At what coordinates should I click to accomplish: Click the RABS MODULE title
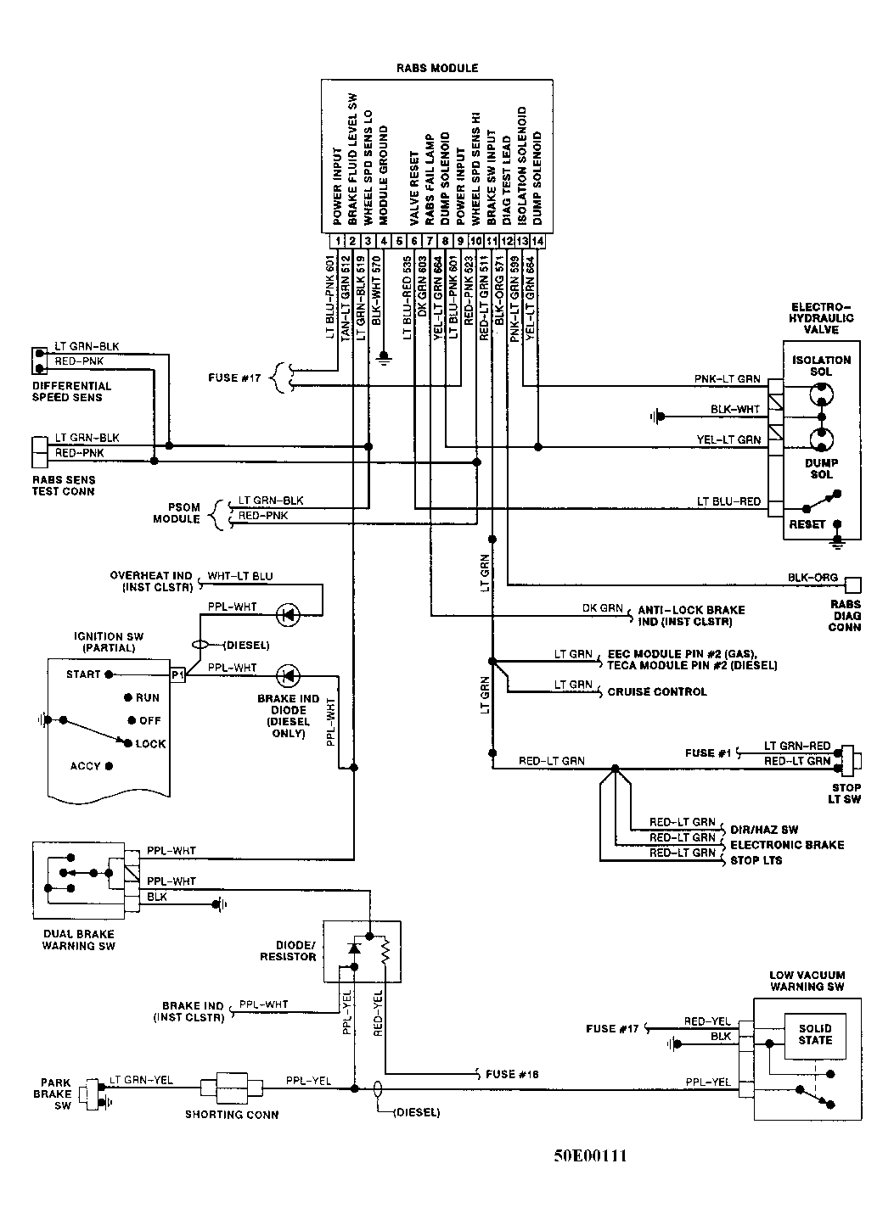pos(437,68)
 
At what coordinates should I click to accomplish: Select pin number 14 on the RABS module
pos(537,242)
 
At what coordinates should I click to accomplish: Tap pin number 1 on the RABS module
pos(338,242)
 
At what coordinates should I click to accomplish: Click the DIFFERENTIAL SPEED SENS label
pos(72,391)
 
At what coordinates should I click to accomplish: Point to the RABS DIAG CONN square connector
pos(853,584)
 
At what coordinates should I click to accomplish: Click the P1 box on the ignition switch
pos(177,674)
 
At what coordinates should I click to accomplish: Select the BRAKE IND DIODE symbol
pos(287,675)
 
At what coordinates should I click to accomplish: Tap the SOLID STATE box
pos(815,1034)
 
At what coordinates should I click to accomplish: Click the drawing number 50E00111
pos(591,1155)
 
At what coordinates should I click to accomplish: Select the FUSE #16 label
pos(512,1073)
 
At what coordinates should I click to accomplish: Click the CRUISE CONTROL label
pos(656,691)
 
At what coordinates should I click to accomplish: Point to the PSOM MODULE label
pos(177,513)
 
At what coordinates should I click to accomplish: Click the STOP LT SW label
pos(845,793)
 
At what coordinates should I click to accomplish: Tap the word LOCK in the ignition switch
pos(150,743)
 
